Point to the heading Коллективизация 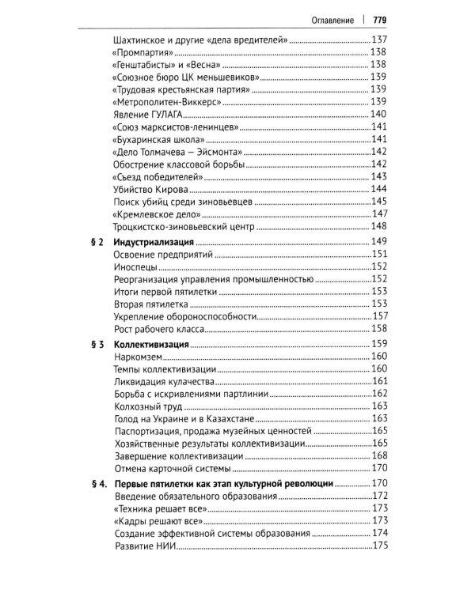point(150,345)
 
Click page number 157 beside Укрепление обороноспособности point(378,316)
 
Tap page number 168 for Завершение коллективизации point(378,456)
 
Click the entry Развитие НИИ point(144,546)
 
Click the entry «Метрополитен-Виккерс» point(172,101)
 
